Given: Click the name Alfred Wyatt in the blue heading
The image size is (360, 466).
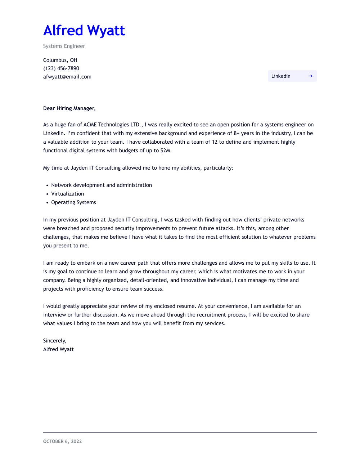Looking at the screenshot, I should pyautogui.click(x=84, y=31).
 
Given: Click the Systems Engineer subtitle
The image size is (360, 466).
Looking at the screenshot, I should pyautogui.click(x=64, y=46).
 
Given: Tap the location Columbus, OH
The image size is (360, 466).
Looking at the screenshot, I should pyautogui.click(x=60, y=60).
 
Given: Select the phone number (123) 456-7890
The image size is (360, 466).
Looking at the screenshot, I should pyautogui.click(x=61, y=68).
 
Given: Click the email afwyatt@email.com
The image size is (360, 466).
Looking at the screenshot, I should pyautogui.click(x=67, y=77).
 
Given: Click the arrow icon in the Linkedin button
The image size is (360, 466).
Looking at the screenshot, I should pyautogui.click(x=310, y=76).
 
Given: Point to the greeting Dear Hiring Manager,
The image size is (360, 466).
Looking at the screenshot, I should pyautogui.click(x=69, y=108).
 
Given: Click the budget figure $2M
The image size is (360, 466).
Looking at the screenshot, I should pyautogui.click(x=166, y=151).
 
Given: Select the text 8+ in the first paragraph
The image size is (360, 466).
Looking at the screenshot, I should pyautogui.click(x=237, y=133).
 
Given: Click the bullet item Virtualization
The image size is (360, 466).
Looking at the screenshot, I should pyautogui.click(x=68, y=194).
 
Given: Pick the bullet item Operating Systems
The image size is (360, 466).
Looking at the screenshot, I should pyautogui.click(x=73, y=202).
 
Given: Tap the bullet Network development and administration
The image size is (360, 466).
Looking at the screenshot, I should pyautogui.click(x=102, y=185).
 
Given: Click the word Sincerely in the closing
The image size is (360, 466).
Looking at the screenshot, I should pyautogui.click(x=54, y=341).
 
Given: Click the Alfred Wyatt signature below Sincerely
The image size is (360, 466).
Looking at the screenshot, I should pyautogui.click(x=58, y=349).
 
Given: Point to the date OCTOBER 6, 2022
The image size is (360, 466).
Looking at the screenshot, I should pyautogui.click(x=62, y=442).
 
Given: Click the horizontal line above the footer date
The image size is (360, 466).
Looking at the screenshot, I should pyautogui.click(x=180, y=432).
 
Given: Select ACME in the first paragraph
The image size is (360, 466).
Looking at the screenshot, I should pyautogui.click(x=90, y=125).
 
